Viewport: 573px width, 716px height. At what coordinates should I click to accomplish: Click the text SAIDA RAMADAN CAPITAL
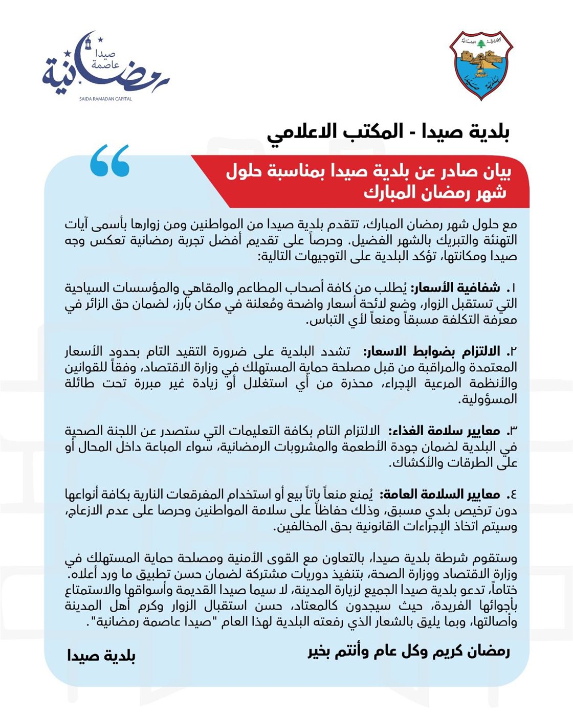click(105, 99)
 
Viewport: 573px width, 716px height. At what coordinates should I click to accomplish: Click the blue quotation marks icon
click(109, 161)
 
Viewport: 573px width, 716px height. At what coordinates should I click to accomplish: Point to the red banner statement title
click(368, 182)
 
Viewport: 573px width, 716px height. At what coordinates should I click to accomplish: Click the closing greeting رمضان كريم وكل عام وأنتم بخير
click(409, 651)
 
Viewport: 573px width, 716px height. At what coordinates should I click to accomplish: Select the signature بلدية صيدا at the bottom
click(101, 656)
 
